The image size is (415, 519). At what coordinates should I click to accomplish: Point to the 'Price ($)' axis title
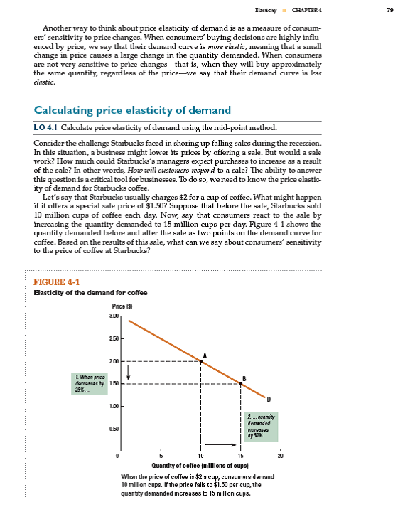coord(114,306)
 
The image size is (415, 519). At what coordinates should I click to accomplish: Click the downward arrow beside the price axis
coord(129,374)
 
